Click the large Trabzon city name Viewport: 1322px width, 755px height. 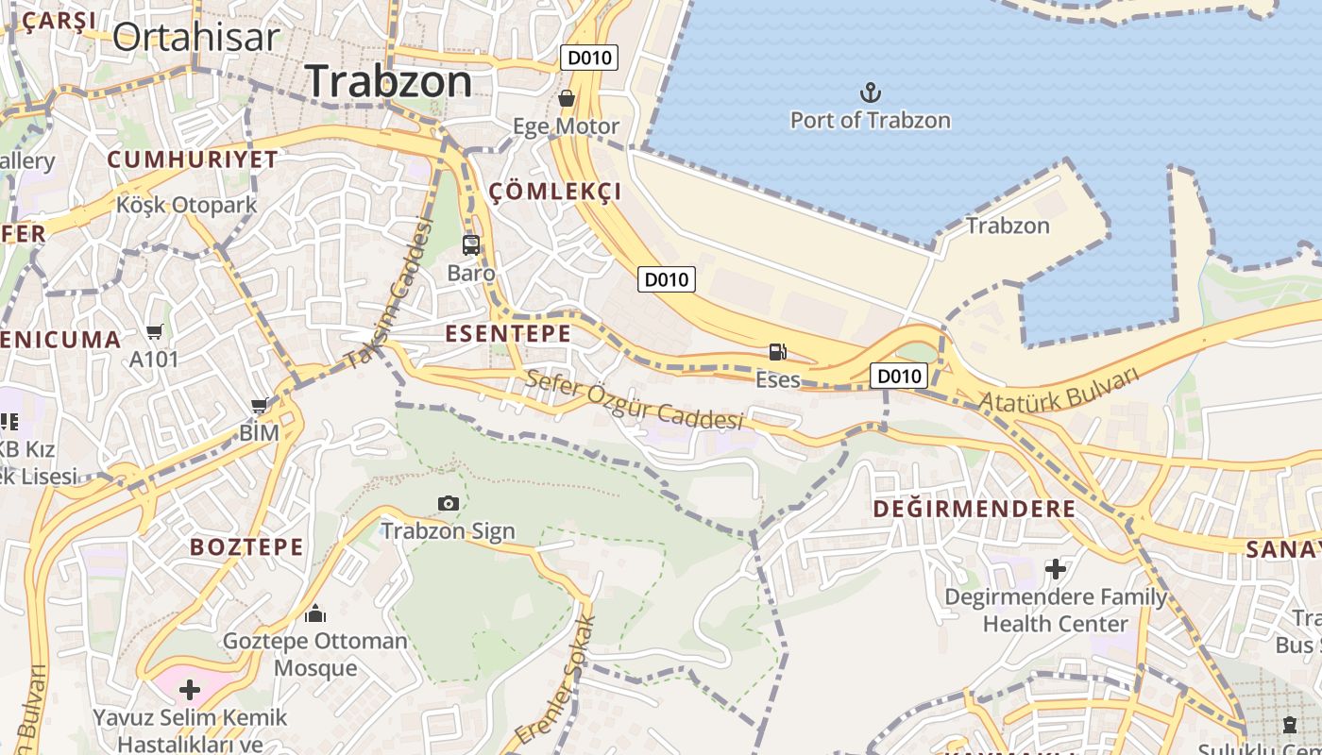pyautogui.click(x=389, y=81)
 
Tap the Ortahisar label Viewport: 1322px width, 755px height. pyautogui.click(x=196, y=37)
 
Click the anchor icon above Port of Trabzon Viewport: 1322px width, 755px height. pyautogui.click(x=870, y=92)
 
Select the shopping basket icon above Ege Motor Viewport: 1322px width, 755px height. pyautogui.click(x=567, y=98)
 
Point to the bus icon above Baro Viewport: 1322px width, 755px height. pyautogui.click(x=471, y=245)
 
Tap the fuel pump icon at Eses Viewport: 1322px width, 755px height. pyautogui.click(x=778, y=352)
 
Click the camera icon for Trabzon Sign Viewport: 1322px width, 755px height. pyautogui.click(x=449, y=503)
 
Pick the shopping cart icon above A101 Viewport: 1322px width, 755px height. pyautogui.click(x=154, y=331)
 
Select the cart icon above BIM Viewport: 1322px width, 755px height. pyautogui.click(x=259, y=405)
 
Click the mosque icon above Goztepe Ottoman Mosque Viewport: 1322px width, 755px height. pyautogui.click(x=315, y=613)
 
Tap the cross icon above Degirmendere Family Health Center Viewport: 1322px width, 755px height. pyautogui.click(x=1056, y=569)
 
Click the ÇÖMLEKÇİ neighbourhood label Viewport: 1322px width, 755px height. pyautogui.click(x=555, y=192)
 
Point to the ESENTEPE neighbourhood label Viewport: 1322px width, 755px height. pyautogui.click(x=508, y=333)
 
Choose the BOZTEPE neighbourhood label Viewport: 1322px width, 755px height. pyautogui.click(x=246, y=546)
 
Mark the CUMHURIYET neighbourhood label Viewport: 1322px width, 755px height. pyautogui.click(x=193, y=159)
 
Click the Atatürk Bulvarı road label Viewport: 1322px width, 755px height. pyautogui.click(x=1059, y=389)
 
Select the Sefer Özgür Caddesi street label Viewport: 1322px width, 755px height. pyautogui.click(x=635, y=399)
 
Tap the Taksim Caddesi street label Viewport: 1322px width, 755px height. pyautogui.click(x=388, y=294)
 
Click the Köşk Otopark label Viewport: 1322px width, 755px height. pyautogui.click(x=187, y=205)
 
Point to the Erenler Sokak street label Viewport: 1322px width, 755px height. pyautogui.click(x=557, y=679)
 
